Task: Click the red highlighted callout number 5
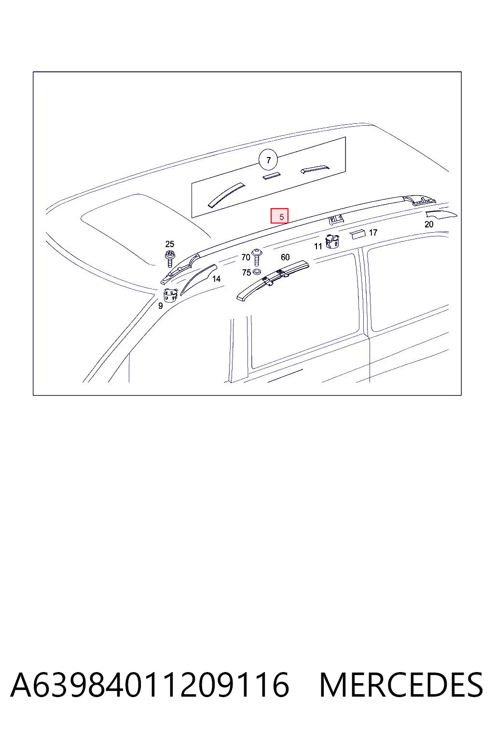[280, 216]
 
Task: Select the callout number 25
[169, 244]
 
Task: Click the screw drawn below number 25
[170, 259]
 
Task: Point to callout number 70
[246, 257]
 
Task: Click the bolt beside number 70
[257, 257]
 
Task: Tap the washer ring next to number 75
[257, 272]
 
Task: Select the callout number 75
[246, 273]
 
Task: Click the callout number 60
[285, 257]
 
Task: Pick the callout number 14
[216, 279]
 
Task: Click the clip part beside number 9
[170, 295]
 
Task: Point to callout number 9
[161, 306]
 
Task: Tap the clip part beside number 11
[332, 241]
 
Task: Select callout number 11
[318, 246]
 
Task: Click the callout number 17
[373, 233]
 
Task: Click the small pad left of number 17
[357, 234]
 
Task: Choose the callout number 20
[429, 225]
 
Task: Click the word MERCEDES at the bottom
[401, 685]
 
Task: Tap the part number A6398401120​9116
[150, 685]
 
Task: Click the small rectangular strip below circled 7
[271, 175]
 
